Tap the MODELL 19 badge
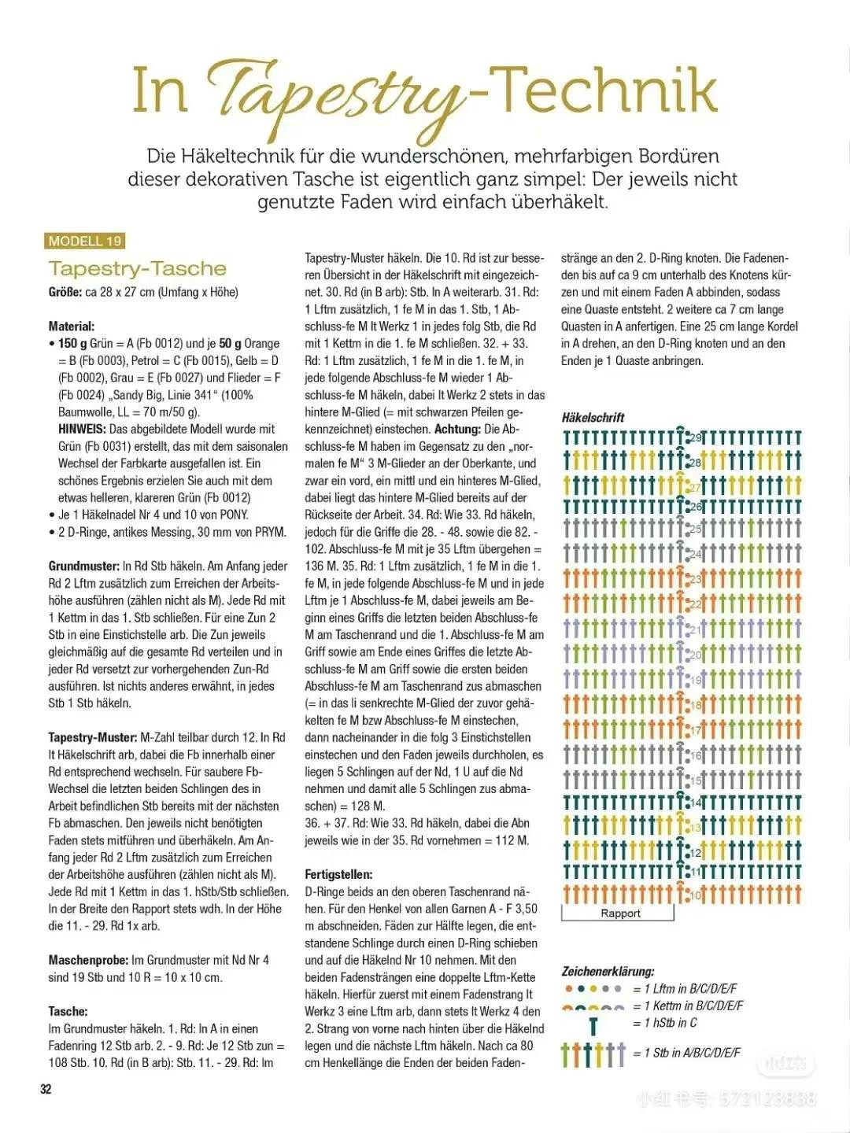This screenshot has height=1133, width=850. (85, 242)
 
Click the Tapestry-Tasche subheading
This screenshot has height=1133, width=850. (137, 269)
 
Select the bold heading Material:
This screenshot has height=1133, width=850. (72, 326)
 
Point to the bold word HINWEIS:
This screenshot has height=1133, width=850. (82, 429)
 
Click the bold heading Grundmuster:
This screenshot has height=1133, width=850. (84, 566)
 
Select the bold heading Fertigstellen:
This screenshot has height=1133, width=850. (338, 874)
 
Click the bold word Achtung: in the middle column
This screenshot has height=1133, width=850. (457, 429)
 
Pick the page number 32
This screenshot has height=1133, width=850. (46, 1089)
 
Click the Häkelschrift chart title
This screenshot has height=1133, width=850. (593, 418)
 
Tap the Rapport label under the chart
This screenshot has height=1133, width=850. (620, 913)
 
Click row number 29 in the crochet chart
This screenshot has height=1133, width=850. (695, 438)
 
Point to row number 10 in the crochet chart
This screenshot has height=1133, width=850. (695, 895)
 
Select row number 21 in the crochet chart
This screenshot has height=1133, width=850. (695, 630)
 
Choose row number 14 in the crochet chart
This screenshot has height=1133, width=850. (695, 803)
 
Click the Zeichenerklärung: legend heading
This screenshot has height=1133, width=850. (608, 972)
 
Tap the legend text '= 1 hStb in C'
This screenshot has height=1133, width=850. (665, 1023)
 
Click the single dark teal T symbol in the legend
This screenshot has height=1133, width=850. (593, 1025)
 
